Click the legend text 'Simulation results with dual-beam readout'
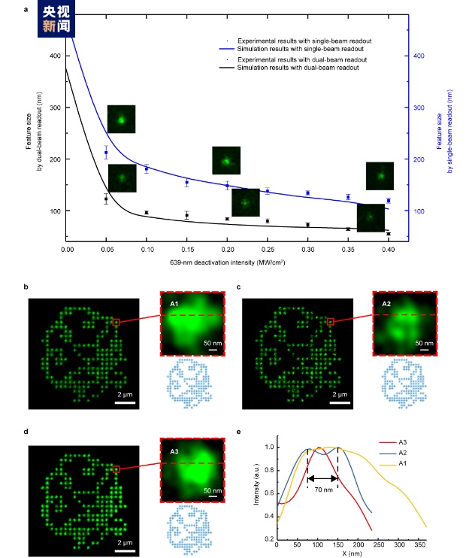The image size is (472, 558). coord(296,68)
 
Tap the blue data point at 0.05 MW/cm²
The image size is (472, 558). coord(106,153)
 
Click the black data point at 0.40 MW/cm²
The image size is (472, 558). coord(389,234)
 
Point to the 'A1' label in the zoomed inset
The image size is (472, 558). coord(174,303)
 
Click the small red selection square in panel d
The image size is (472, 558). coord(116,469)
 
